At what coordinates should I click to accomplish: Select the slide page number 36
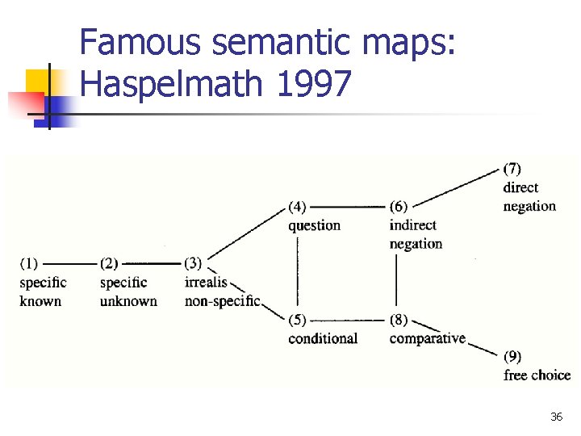(x=556, y=417)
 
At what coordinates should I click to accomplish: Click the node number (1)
(x=29, y=263)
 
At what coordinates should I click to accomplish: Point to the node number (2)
(x=109, y=263)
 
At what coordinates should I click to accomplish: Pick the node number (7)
(x=512, y=169)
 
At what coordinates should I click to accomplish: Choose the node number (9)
(x=512, y=356)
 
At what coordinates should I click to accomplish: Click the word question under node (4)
(x=315, y=225)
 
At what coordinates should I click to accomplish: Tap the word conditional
(x=323, y=338)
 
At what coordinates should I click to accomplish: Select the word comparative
(x=428, y=338)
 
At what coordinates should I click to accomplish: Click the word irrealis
(x=206, y=283)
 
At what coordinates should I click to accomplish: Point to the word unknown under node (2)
(x=128, y=301)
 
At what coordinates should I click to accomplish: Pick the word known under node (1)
(x=40, y=301)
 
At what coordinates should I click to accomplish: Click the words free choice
(x=537, y=375)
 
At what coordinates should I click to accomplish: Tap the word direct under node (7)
(x=520, y=187)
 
